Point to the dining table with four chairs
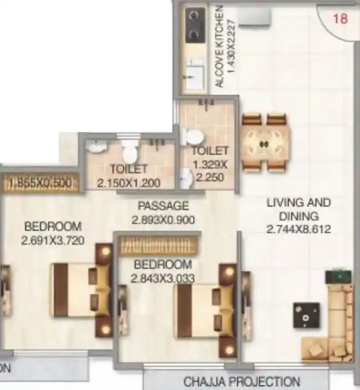[263, 143]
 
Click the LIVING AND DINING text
[298, 209]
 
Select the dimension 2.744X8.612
[299, 229]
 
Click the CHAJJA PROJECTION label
[241, 381]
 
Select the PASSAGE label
[163, 206]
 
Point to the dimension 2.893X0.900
[163, 220]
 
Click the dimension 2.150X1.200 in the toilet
[129, 183]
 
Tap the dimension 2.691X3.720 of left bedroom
[52, 241]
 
